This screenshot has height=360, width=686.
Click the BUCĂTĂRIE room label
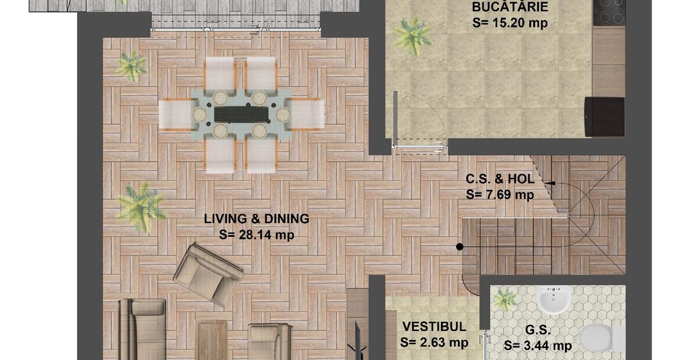tap(510, 6)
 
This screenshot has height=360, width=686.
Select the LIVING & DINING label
tap(257, 219)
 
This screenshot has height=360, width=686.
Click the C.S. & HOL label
tap(500, 179)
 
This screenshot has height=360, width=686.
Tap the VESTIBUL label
tap(434, 327)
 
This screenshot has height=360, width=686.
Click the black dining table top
tap(241, 114)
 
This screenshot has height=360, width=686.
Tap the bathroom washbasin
tap(554, 300)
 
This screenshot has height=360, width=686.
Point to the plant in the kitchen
tap(412, 36)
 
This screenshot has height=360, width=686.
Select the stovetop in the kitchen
tap(609, 13)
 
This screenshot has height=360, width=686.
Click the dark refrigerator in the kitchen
tap(604, 117)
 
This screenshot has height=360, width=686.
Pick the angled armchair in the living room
tap(208, 275)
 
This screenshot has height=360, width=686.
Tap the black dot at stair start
tap(460, 247)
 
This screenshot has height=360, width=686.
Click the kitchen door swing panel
tap(396, 119)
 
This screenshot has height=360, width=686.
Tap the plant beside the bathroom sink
tap(505, 299)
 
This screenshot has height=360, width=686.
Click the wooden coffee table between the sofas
tap(213, 340)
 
